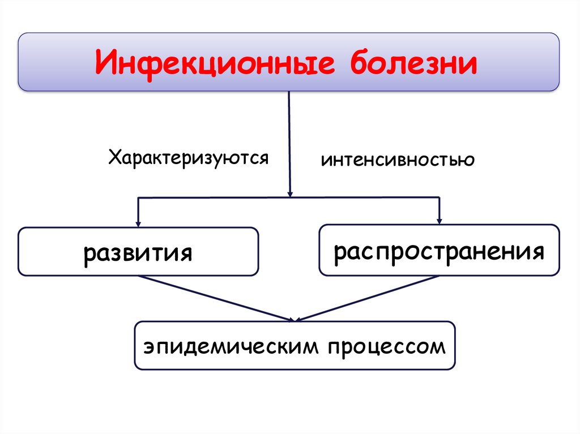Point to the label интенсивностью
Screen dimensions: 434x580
tap(398, 160)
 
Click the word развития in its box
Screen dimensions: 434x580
tap(138, 252)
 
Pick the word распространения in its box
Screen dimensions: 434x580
tap(439, 251)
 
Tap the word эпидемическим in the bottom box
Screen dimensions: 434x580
tap(229, 346)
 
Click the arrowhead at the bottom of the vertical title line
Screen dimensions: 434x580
tap(290, 192)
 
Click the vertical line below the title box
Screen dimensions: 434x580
tap(289, 141)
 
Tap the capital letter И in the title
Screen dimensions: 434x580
tap(105, 63)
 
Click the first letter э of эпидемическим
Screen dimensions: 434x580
tap(148, 346)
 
